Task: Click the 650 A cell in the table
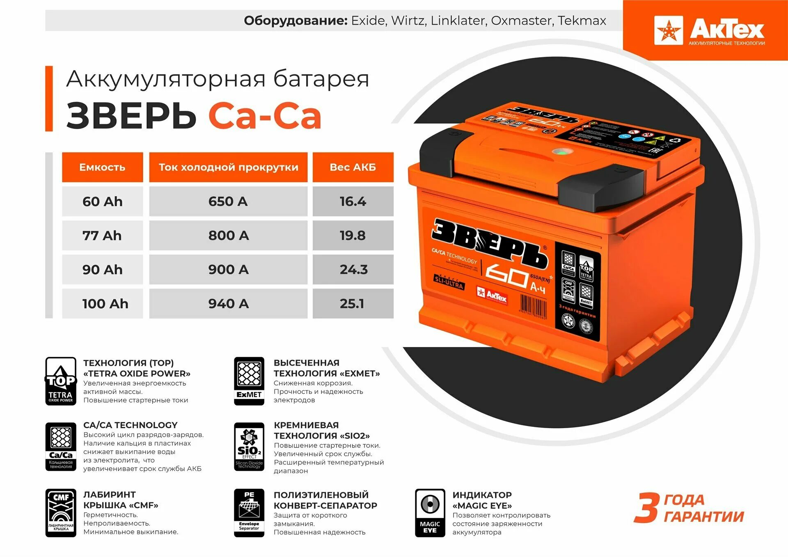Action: coord(228,202)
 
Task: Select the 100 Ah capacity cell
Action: coord(105,304)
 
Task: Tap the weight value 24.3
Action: coord(353,270)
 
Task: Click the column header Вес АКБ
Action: coord(353,167)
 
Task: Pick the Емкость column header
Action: coord(102,167)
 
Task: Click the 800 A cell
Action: coord(228,236)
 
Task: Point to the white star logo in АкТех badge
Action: coord(668,30)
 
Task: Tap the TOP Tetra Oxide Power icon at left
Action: coord(61,381)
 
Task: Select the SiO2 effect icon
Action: coord(249,447)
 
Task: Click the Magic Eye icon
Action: coord(430,513)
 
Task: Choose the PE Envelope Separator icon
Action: coord(249,513)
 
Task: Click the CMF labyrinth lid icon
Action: coord(61,513)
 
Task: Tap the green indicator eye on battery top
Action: coord(559,152)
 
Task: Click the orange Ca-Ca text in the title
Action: coord(265,116)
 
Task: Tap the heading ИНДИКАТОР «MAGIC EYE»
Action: coord(482,500)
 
